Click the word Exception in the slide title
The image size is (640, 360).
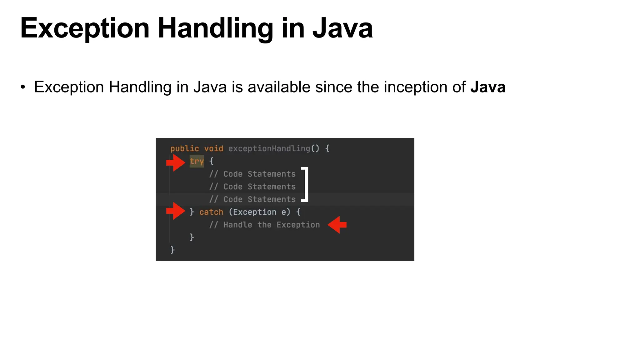85,29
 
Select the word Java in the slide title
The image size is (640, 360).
342,29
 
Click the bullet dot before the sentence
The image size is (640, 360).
23,87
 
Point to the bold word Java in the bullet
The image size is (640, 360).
487,87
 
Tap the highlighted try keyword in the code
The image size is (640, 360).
197,161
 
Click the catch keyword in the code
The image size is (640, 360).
211,212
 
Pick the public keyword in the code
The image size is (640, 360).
184,148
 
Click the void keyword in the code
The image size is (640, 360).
214,148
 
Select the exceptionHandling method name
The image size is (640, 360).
269,148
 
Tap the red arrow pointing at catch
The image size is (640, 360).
176,211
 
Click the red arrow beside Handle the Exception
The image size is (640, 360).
337,225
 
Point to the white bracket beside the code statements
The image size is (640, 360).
305,184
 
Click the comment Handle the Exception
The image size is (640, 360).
264,225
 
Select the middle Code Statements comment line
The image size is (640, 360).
252,187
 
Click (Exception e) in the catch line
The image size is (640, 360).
259,212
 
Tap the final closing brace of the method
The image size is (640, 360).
172,250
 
